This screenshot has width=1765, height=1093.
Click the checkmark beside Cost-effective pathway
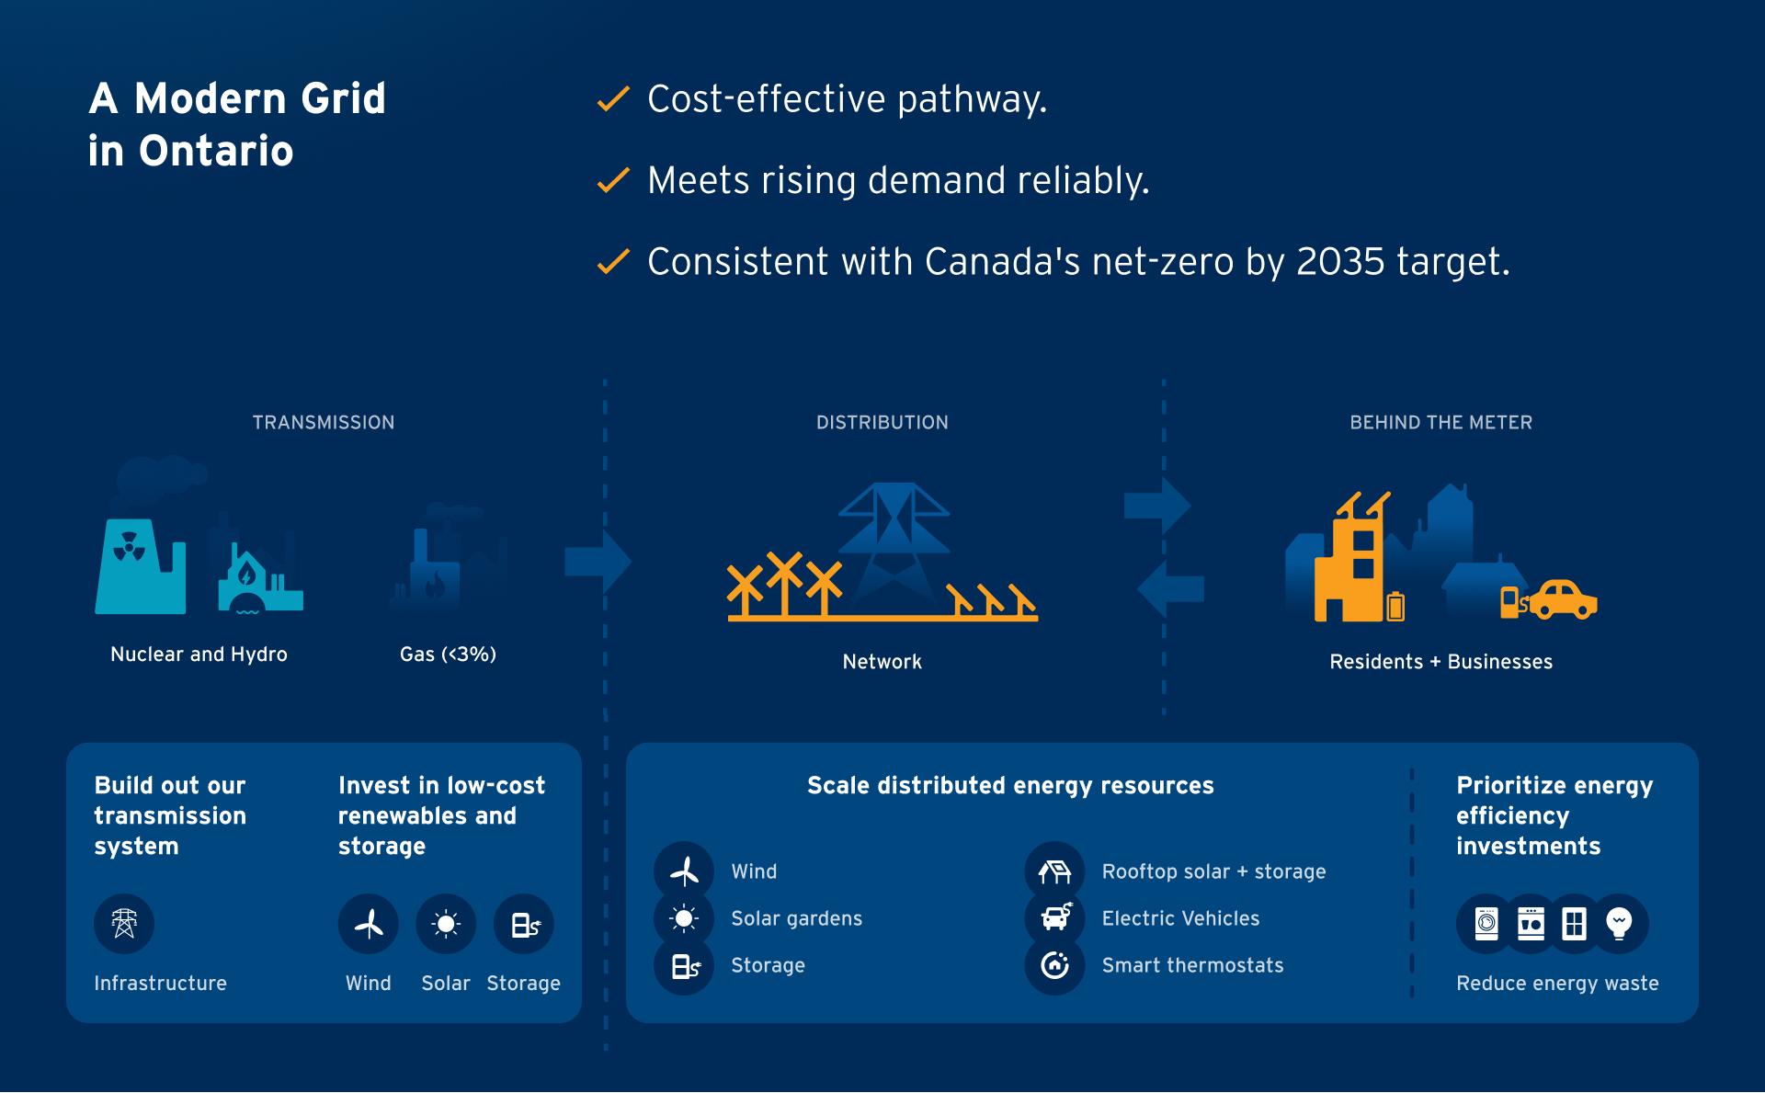pyautogui.click(x=613, y=98)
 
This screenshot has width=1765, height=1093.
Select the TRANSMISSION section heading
pyautogui.click(x=324, y=423)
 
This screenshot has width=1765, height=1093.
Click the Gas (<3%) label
pyautogui.click(x=448, y=655)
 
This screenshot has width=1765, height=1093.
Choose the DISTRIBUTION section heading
pyautogui.click(x=882, y=423)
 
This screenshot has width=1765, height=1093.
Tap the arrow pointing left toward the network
pyautogui.click(x=1169, y=588)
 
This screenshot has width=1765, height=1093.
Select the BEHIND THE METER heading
pyautogui.click(x=1440, y=423)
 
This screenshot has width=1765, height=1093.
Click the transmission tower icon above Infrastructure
pyautogui.click(x=124, y=924)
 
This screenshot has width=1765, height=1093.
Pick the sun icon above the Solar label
pyautogui.click(x=446, y=924)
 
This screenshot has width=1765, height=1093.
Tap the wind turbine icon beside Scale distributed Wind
pyautogui.click(x=684, y=871)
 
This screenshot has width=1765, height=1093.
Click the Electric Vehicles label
pyautogui.click(x=1180, y=918)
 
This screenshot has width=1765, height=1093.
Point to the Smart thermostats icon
pyautogui.click(x=1054, y=965)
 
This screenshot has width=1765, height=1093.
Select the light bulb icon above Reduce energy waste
pyautogui.click(x=1619, y=923)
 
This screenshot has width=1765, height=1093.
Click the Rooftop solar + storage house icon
pyautogui.click(x=1054, y=871)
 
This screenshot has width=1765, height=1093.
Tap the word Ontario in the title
pyautogui.click(x=216, y=151)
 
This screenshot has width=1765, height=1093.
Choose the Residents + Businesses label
pyautogui.click(x=1440, y=662)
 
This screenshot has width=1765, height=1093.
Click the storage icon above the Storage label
pyautogui.click(x=524, y=924)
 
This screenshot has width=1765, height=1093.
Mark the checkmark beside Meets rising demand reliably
pyautogui.click(x=613, y=180)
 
